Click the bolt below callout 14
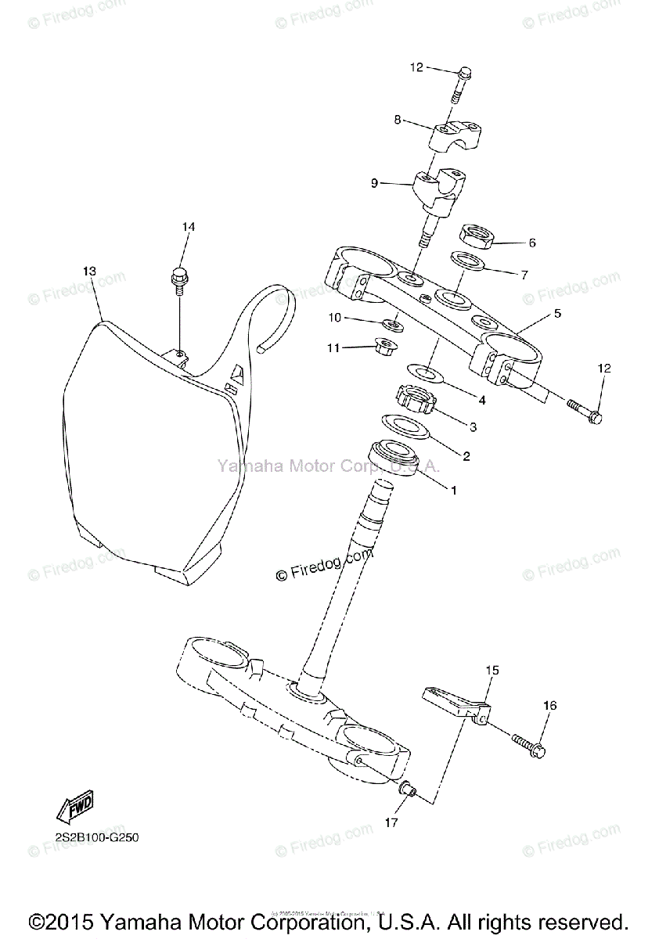click(178, 281)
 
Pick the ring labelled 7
click(467, 261)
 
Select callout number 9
click(374, 183)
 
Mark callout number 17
click(391, 822)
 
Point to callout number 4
click(482, 400)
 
